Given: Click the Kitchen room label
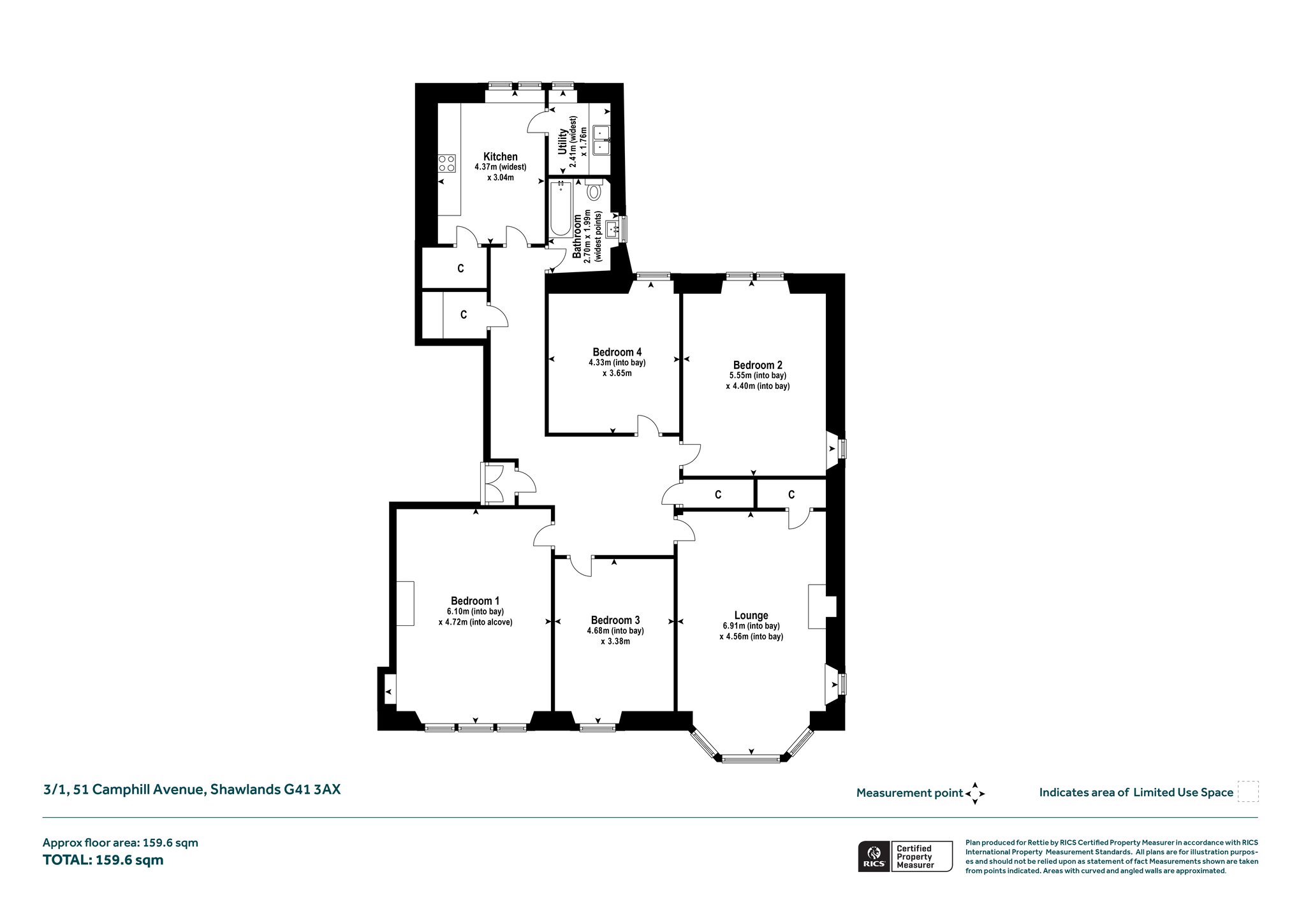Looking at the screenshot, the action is (501, 157).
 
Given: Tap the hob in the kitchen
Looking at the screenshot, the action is (447, 164).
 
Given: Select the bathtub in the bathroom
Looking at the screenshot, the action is (561, 208).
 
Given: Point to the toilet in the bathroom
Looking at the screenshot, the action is (594, 190).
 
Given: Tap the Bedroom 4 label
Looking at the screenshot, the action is (617, 352).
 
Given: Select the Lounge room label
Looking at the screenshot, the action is (751, 616).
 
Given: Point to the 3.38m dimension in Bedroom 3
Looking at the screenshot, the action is (615, 641).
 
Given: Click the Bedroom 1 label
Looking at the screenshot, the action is (475, 600).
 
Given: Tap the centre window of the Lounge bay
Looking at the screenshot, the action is (751, 759).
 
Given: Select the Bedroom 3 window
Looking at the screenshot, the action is (598, 727).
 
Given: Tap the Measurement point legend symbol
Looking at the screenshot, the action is (975, 794).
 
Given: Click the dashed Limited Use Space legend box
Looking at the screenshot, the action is (1247, 792).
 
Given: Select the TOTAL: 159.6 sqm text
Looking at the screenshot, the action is (103, 859).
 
